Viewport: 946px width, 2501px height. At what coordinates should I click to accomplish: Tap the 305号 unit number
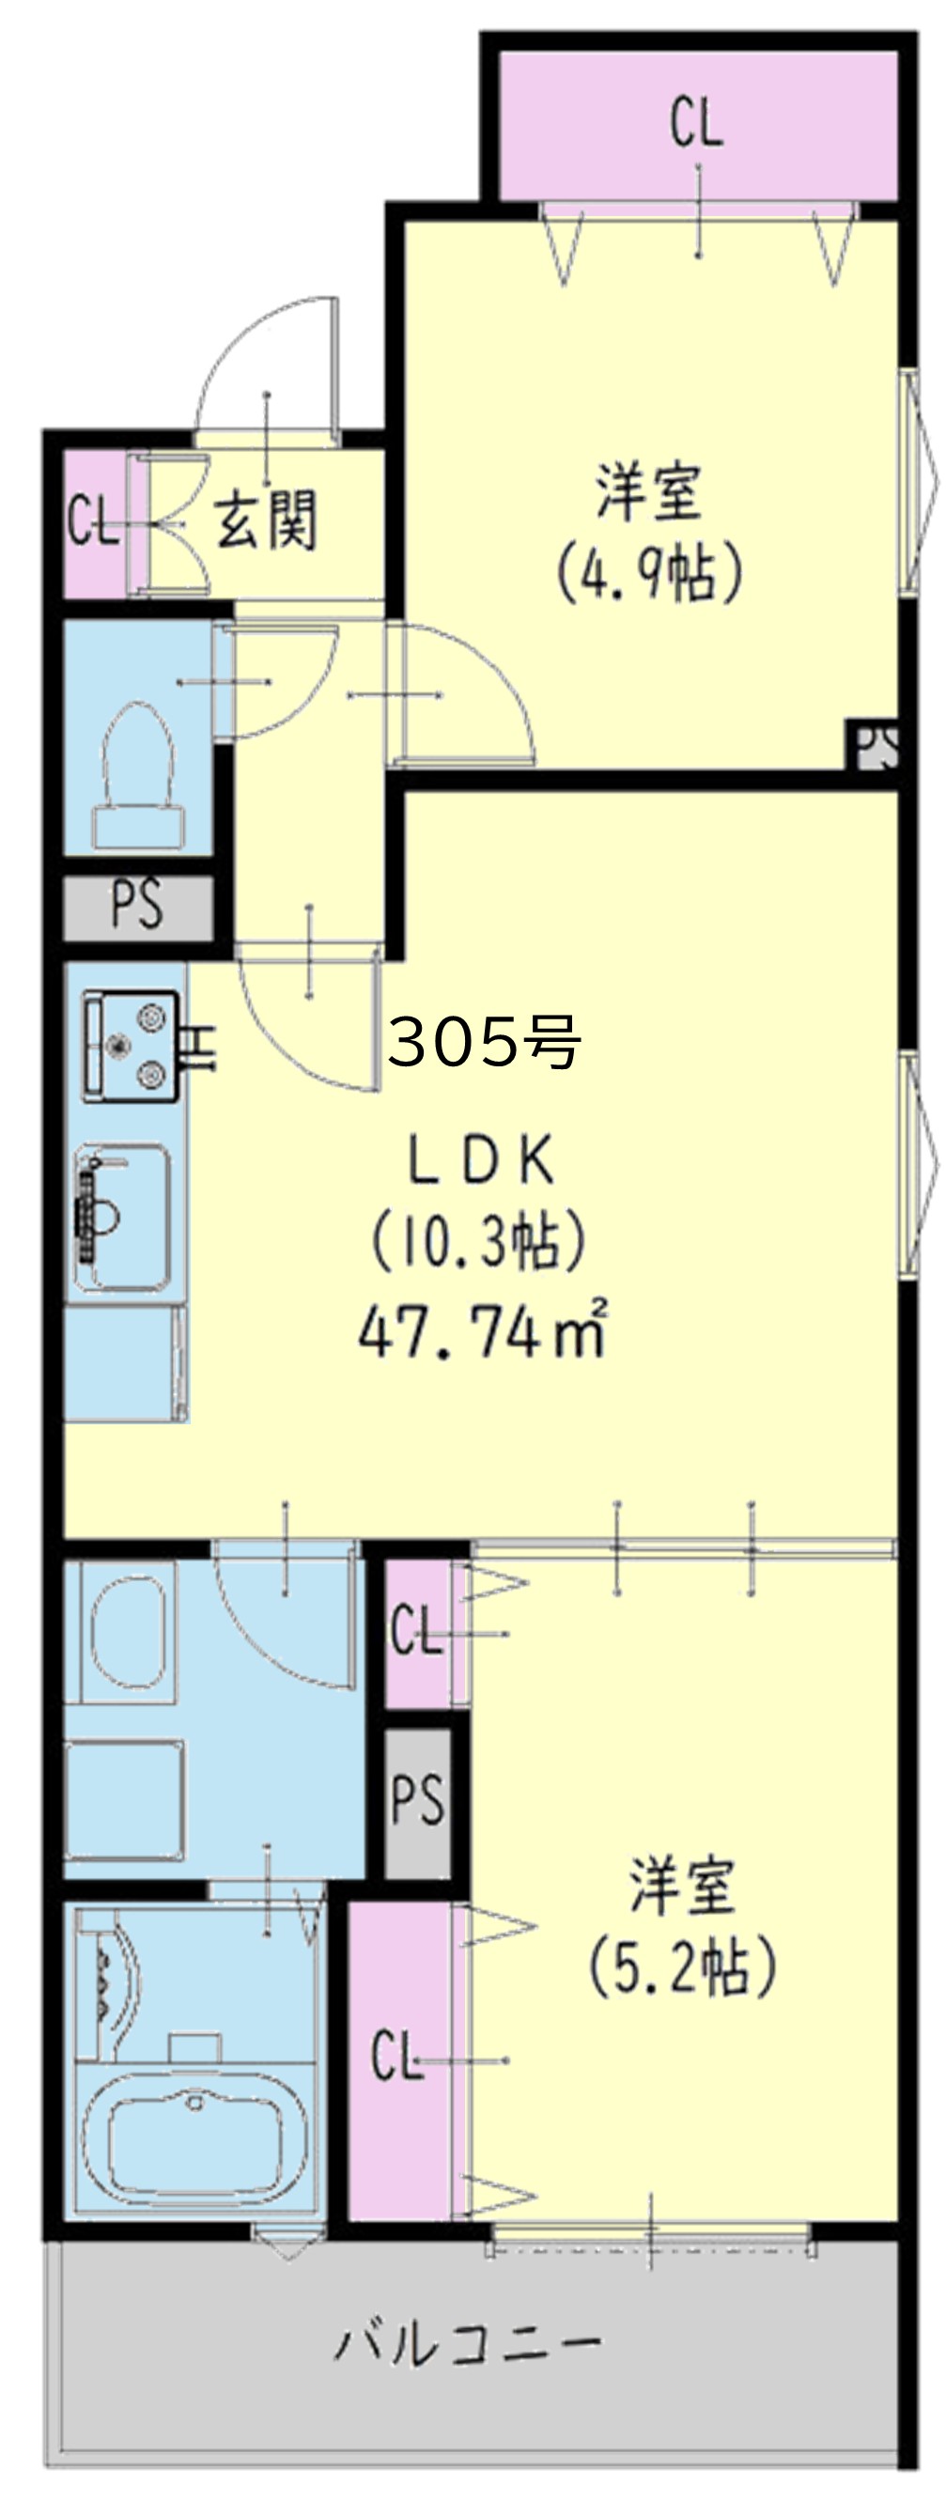(484, 1042)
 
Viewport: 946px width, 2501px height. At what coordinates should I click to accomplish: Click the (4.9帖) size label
(649, 571)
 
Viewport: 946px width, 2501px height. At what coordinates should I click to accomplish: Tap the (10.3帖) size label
(479, 1242)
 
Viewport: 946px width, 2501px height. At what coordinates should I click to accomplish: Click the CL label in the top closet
(696, 124)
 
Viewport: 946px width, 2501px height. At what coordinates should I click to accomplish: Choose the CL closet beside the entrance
(92, 523)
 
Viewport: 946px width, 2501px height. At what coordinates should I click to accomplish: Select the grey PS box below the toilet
(137, 905)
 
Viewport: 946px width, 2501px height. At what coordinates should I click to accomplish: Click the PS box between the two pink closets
(417, 1799)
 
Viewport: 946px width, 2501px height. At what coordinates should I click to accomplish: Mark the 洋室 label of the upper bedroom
(648, 491)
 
